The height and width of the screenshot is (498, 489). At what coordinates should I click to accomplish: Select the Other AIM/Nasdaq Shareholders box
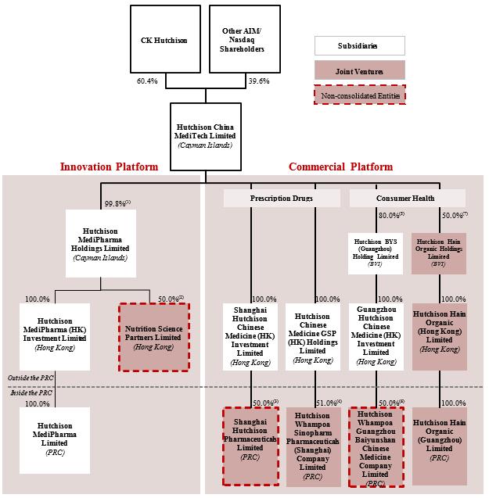(243, 38)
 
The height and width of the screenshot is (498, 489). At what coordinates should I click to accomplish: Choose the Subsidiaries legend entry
(360, 45)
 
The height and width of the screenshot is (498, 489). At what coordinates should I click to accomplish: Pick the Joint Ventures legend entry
(360, 72)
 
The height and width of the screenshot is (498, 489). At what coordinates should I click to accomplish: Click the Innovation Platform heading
(109, 167)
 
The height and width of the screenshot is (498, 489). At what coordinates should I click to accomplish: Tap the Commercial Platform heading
(340, 167)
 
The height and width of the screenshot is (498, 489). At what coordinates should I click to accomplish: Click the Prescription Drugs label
(282, 199)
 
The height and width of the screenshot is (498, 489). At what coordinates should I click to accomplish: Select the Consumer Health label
(407, 199)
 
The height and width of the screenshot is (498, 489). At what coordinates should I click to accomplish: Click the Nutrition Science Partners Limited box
(153, 336)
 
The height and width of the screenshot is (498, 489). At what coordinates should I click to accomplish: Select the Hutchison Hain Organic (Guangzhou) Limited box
(439, 438)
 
